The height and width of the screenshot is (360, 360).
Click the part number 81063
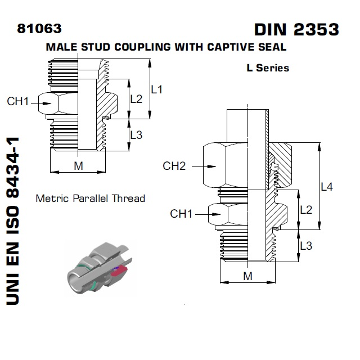(39, 28)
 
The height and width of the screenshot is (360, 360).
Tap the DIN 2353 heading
(296, 29)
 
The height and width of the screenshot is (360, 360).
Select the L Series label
(267, 68)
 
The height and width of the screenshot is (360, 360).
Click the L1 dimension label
(157, 89)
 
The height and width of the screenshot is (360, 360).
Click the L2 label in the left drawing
(136, 99)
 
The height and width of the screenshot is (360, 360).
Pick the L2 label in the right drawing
(305, 210)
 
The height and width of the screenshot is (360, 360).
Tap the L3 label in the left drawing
(136, 134)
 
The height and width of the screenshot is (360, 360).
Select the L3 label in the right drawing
(305, 246)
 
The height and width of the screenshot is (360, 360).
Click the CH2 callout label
(174, 166)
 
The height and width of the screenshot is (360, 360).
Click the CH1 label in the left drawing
(18, 102)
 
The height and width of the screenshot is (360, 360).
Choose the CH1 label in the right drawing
(182, 214)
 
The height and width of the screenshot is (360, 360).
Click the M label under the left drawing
(79, 165)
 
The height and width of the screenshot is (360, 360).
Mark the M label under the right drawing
(247, 276)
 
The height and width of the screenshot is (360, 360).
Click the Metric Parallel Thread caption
(90, 198)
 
